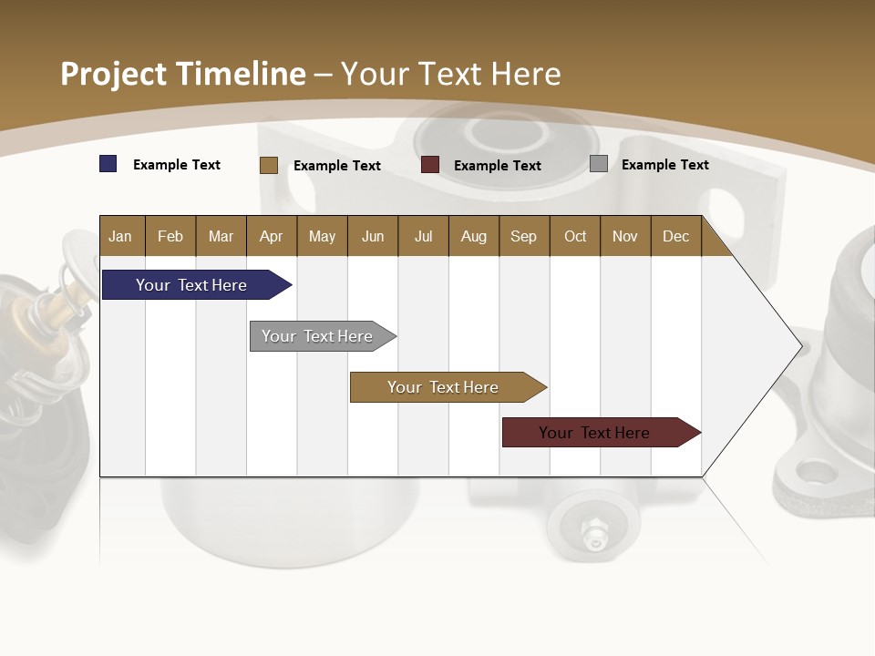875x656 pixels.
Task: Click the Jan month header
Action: point(120,236)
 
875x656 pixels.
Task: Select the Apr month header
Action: point(271,236)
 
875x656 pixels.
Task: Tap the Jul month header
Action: point(423,236)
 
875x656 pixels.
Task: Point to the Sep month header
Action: point(523,236)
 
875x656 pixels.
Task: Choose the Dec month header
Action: point(675,236)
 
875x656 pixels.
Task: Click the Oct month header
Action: point(575,236)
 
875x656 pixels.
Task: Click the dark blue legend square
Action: point(108,164)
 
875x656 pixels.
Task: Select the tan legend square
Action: point(269,165)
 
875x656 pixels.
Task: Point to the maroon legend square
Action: point(430,165)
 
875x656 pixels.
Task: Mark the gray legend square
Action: point(599,164)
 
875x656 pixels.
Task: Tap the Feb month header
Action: point(170,236)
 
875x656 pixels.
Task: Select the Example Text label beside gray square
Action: point(664,165)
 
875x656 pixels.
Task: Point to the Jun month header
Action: point(373,236)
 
